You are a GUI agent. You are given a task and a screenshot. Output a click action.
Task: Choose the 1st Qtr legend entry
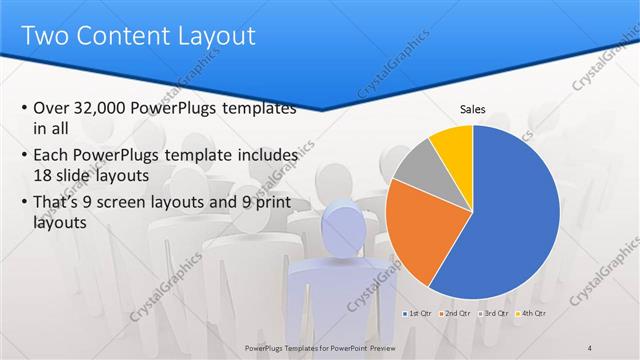(419, 314)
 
